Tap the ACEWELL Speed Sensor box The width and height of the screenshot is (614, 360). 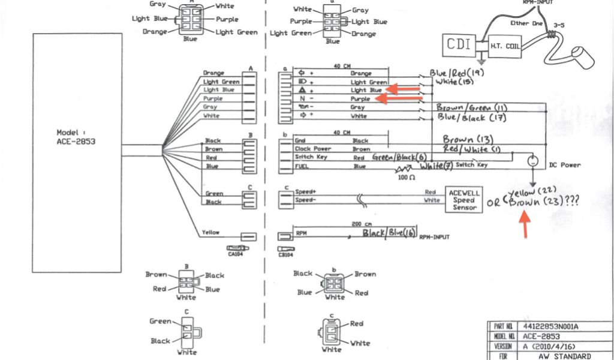click(x=465, y=200)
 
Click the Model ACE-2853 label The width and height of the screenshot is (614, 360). click(x=76, y=137)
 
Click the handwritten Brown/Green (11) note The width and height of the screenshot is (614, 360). click(x=472, y=108)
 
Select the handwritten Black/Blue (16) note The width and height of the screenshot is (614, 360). click(x=389, y=233)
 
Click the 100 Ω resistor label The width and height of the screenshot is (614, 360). click(x=406, y=178)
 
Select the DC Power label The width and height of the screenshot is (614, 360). click(x=565, y=165)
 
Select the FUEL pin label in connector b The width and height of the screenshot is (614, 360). click(x=301, y=166)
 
